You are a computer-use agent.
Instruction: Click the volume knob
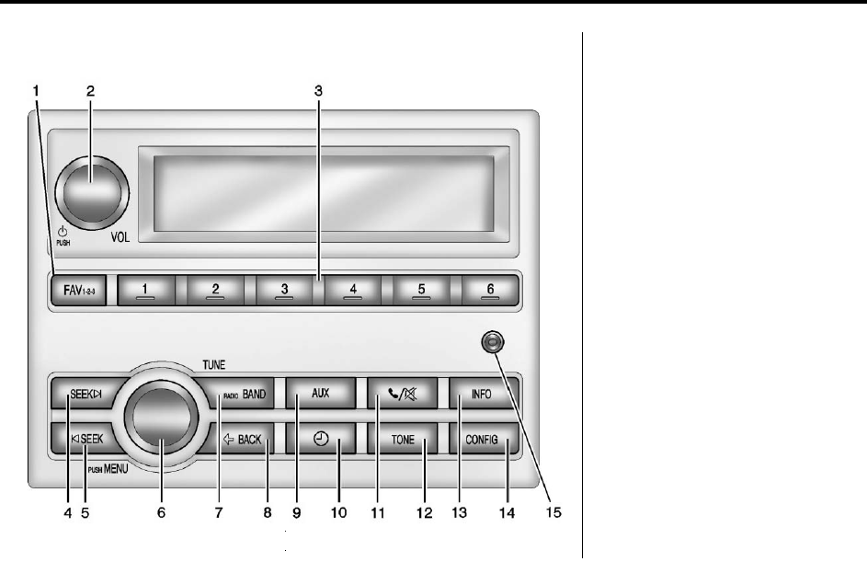[x=92, y=191]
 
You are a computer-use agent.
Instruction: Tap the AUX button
[x=320, y=395]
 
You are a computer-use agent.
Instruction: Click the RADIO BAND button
[x=241, y=395]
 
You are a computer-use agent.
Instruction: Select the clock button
[x=320, y=441]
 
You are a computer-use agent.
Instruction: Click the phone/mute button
[x=401, y=395]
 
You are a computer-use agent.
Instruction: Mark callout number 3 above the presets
[x=317, y=91]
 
